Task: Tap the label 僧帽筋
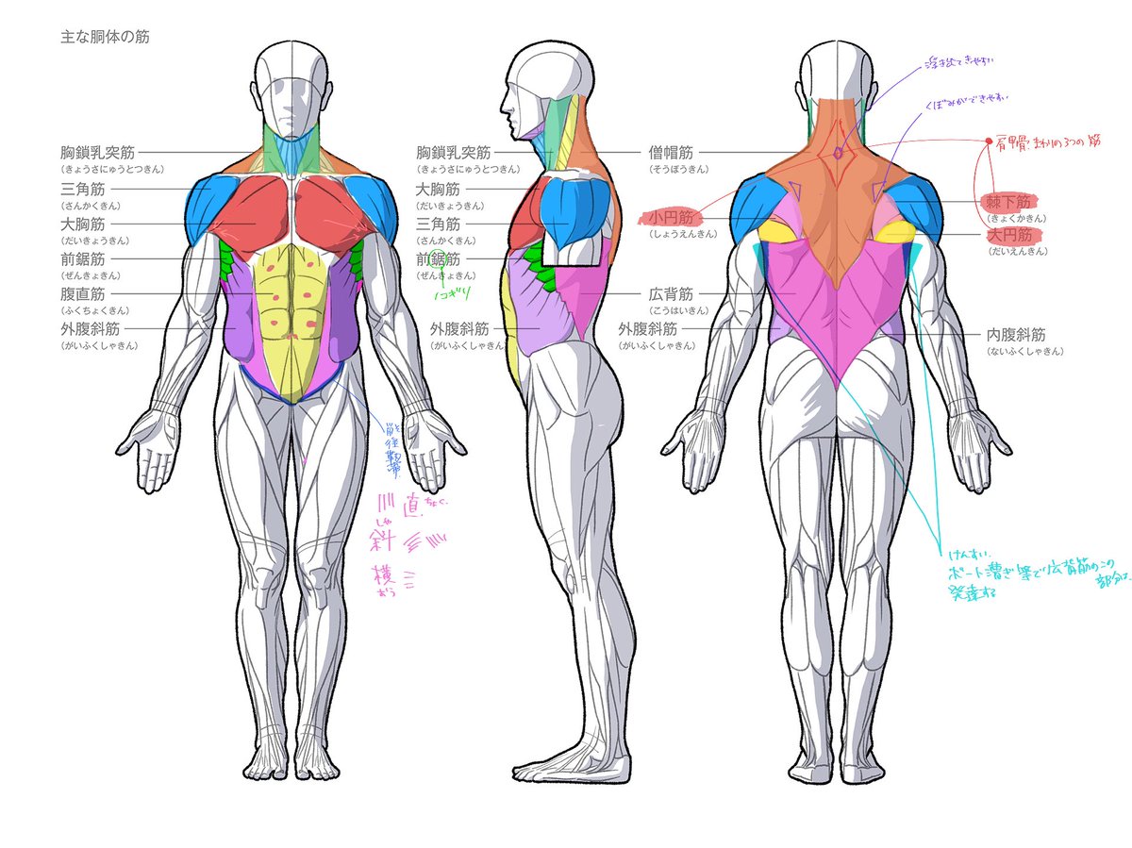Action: point(671,152)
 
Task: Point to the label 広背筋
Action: point(671,293)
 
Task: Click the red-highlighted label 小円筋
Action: point(671,218)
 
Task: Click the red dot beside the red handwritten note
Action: point(988,141)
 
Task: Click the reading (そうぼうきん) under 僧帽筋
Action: point(671,169)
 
